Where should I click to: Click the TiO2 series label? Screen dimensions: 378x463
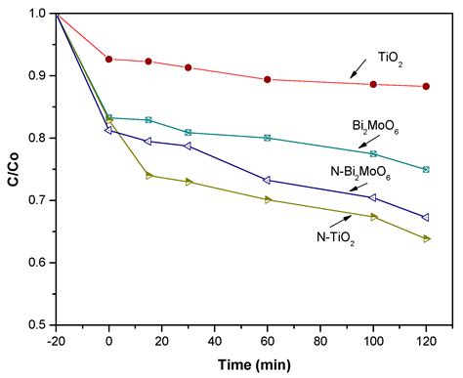390,58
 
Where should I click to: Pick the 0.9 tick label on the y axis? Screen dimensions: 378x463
35,76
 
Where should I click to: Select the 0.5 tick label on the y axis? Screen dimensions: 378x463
35,324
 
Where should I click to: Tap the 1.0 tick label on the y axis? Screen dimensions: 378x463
35,14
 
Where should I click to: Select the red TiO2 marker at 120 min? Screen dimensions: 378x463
426,86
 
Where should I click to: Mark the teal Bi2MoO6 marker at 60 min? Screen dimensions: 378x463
268,138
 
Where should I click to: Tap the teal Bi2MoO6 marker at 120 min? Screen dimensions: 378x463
426,169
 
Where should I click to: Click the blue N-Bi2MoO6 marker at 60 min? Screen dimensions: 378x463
268,180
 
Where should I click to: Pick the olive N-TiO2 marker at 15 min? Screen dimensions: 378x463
148,176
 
